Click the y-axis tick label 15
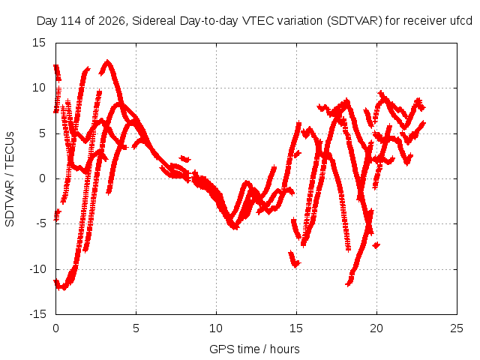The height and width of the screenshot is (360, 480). (x=39, y=43)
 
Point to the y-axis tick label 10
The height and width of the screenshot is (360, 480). (x=39, y=88)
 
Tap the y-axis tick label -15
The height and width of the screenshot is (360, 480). (x=38, y=314)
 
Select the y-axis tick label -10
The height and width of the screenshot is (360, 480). (x=38, y=269)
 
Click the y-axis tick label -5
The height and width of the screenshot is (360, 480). (x=40, y=223)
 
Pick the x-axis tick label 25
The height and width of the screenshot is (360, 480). (x=457, y=328)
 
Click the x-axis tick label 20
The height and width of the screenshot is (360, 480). (x=376, y=328)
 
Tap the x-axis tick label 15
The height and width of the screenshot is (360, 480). (x=296, y=328)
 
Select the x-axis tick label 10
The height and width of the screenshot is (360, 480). (x=216, y=328)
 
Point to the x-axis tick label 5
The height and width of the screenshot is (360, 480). (x=136, y=328)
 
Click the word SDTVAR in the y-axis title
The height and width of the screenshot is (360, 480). (x=10, y=203)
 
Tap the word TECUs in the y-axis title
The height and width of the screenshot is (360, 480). (x=10, y=150)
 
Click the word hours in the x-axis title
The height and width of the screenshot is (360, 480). (x=285, y=349)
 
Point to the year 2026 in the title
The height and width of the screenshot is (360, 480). (x=112, y=21)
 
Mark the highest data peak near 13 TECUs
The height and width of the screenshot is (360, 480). (x=107, y=62)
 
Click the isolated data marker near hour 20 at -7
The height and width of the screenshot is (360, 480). (x=376, y=245)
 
